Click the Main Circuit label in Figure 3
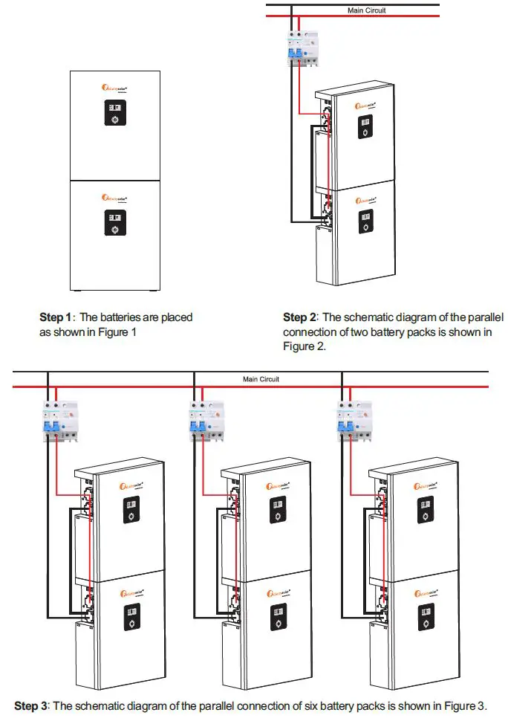(x=261, y=379)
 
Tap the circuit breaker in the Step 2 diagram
(x=301, y=50)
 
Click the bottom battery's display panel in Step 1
(x=114, y=224)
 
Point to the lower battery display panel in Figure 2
(x=364, y=224)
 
